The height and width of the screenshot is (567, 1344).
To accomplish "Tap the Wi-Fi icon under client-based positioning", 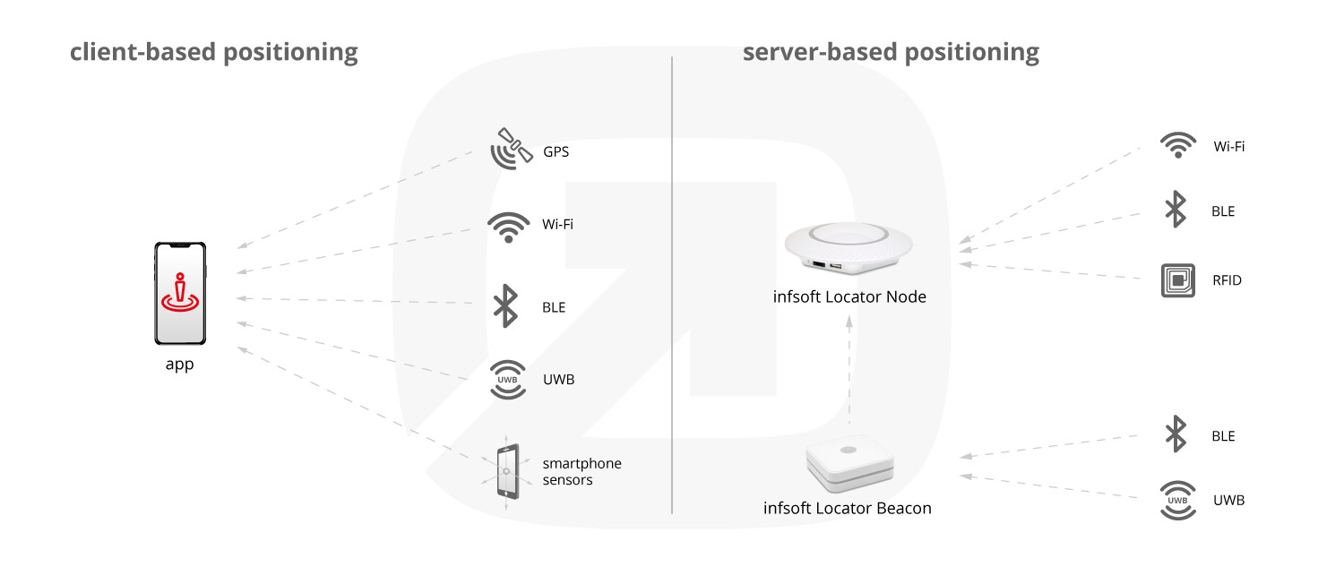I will click(508, 227).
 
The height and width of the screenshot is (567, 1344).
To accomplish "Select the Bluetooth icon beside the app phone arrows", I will click(506, 305).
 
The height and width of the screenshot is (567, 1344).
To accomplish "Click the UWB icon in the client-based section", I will click(507, 379).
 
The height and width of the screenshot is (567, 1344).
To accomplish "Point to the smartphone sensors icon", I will click(507, 471).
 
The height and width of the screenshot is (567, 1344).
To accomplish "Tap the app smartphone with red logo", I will click(179, 295).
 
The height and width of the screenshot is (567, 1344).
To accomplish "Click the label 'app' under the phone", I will click(179, 365).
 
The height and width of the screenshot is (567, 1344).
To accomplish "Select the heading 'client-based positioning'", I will click(214, 52).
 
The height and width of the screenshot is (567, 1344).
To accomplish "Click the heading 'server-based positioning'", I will click(891, 52).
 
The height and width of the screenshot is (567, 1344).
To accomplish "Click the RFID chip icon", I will click(1177, 280).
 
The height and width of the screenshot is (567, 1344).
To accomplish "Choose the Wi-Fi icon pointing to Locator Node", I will click(1177, 146).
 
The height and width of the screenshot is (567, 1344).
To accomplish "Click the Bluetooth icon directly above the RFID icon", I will click(1175, 210).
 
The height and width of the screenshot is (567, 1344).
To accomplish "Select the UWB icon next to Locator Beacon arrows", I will click(1177, 500).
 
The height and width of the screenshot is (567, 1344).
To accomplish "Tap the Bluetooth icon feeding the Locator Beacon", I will click(1175, 434).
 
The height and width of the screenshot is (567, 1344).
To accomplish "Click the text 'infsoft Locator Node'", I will click(849, 296).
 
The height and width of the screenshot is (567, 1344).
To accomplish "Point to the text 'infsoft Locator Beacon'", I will click(848, 508).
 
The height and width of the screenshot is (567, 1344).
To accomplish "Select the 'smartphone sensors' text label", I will click(582, 471).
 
